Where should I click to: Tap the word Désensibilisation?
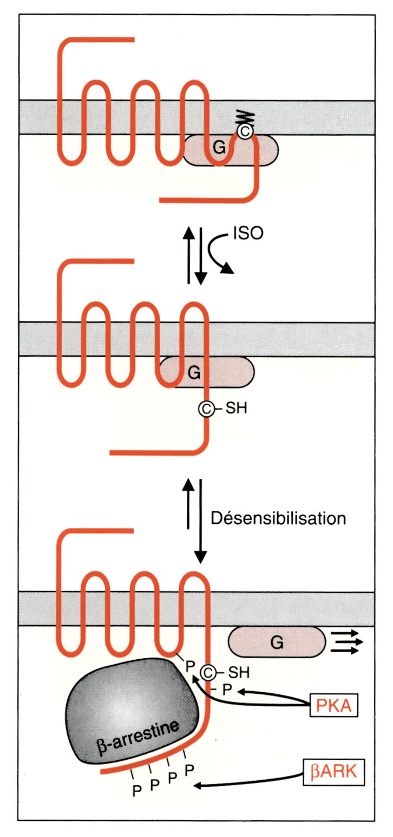[x=278, y=518]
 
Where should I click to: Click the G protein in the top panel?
[x=220, y=149]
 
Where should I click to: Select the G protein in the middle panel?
[x=194, y=372]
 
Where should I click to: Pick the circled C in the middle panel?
[x=206, y=409]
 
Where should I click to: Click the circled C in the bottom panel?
[x=208, y=673]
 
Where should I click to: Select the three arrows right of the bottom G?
[x=346, y=643]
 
